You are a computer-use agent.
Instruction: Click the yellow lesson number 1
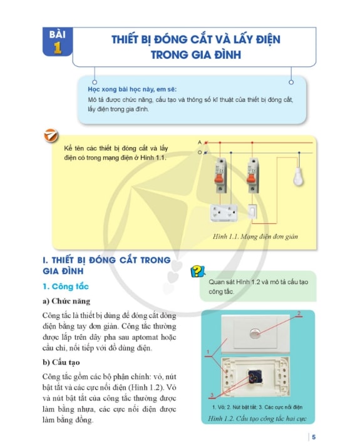click(58, 48)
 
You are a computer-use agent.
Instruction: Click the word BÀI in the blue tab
click(57, 34)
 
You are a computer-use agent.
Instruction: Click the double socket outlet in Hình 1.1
click(224, 213)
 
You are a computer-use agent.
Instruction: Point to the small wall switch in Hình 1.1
click(252, 211)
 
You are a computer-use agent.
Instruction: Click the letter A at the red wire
click(200, 142)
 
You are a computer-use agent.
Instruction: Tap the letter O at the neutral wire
click(200, 153)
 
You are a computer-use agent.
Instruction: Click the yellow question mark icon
click(198, 271)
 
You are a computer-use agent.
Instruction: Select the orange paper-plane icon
click(51, 136)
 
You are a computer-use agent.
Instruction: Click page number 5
click(314, 437)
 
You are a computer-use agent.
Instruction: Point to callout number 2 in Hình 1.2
click(299, 313)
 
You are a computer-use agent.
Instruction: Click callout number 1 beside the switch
click(208, 352)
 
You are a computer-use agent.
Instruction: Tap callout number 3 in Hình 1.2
click(212, 395)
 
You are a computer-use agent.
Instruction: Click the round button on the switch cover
click(254, 333)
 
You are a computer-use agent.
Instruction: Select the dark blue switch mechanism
click(254, 376)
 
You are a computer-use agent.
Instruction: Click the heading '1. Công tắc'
click(66, 287)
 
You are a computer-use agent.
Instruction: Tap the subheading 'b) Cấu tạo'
click(61, 362)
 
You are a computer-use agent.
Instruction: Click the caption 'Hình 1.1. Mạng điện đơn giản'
click(255, 237)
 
